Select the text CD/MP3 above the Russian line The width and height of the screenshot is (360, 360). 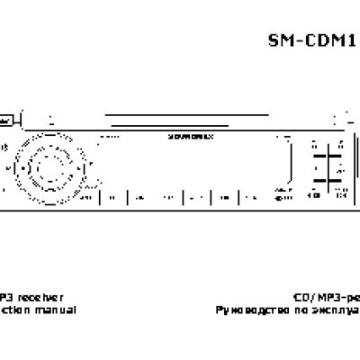[310, 296]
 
